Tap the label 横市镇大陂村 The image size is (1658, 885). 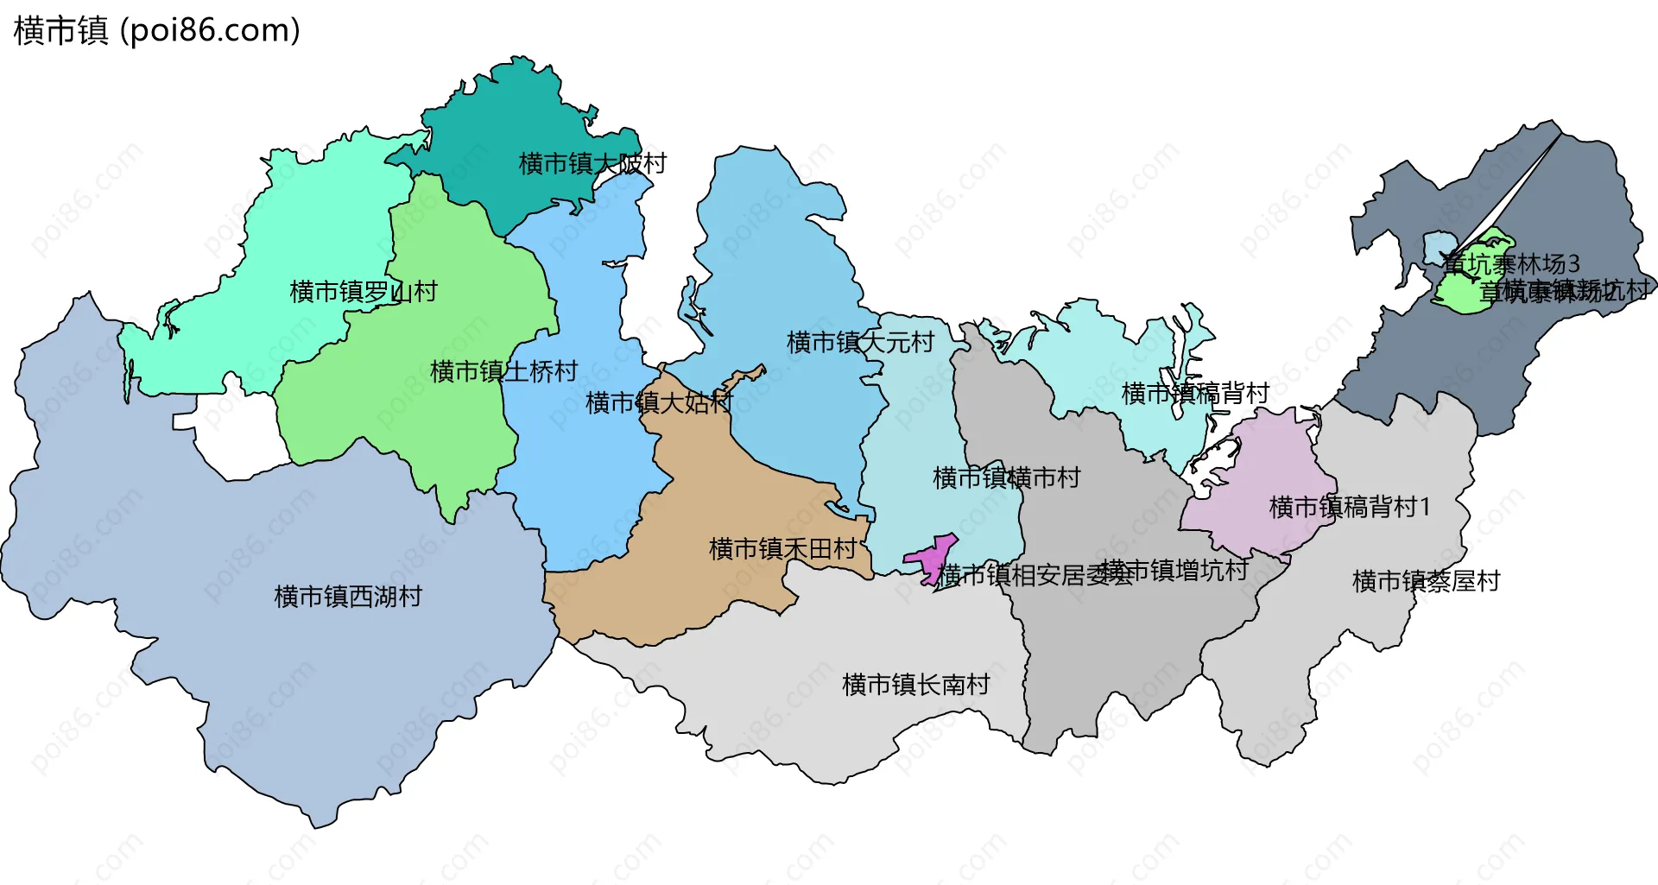coord(592,163)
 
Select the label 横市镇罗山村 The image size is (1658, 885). coord(364,291)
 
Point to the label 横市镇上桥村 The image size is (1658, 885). coord(504,371)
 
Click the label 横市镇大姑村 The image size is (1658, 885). coord(659,402)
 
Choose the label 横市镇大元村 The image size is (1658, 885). coord(860,342)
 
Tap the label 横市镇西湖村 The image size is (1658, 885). coord(348,596)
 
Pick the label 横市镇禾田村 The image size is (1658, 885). coord(782,548)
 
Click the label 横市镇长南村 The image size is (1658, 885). coord(915,685)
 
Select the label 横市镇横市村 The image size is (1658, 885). coord(1007,477)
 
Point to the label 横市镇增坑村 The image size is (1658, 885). coord(1174,570)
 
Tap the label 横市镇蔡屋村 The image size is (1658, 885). coord(1426,581)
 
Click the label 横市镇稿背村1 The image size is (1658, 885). coord(1350,507)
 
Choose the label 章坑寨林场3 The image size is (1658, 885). coord(1512,263)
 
